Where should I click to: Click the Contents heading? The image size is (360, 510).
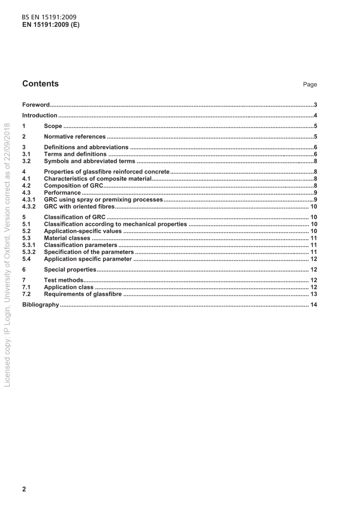pos(41,84)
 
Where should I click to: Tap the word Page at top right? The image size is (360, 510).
pos(310,85)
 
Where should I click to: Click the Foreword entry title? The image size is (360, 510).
pos(36,105)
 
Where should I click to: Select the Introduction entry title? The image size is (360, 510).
pos(40,115)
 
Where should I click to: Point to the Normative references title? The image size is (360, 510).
pos(75,137)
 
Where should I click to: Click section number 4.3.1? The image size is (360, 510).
pos(29,199)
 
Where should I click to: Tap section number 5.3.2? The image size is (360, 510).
pos(29,252)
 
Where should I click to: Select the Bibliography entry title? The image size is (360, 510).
pos(41,304)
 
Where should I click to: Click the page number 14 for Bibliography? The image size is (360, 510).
pos(313,304)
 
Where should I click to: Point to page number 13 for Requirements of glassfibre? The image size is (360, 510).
pos(313,294)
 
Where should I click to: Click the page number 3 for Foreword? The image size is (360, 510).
pos(315,105)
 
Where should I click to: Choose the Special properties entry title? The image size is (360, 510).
pos(70,270)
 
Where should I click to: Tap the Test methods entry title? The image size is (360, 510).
pos(64,280)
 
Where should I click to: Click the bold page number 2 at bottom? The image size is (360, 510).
pos(24,489)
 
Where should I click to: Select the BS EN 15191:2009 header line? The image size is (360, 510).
pos(49,17)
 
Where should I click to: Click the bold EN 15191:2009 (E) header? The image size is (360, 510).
pos(51,25)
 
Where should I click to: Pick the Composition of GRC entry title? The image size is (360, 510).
pos(74,185)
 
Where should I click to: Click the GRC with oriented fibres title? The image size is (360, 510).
pos(79,206)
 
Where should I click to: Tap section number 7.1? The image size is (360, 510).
pos(26,287)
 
